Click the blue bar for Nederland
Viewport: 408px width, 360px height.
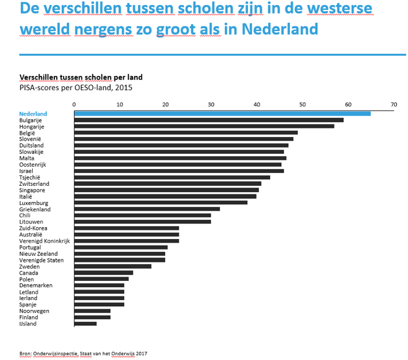coord(223,114)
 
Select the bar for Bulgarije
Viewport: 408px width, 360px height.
coord(209,120)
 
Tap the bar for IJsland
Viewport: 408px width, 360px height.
coord(85,324)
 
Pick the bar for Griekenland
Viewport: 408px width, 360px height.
coord(147,209)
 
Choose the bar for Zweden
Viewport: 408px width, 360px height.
coord(113,266)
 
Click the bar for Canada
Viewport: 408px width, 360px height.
coord(104,272)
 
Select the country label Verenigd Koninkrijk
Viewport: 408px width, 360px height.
coord(45,241)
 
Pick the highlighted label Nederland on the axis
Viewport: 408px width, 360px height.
coord(33,114)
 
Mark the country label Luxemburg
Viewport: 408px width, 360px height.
coord(35,203)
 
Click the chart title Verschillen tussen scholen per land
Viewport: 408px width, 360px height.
coord(81,77)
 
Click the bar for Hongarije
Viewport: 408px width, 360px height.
coord(204,126)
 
